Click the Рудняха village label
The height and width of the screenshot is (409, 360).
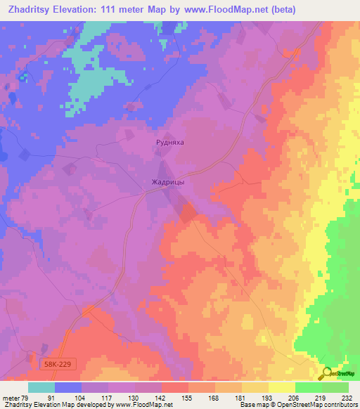(169, 142)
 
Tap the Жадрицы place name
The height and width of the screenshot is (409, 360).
(168, 182)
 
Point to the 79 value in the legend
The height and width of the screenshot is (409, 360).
(25, 397)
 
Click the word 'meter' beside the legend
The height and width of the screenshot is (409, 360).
(10, 397)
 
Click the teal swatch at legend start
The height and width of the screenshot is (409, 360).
(41, 387)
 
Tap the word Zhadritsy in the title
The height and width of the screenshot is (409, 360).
(31, 10)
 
